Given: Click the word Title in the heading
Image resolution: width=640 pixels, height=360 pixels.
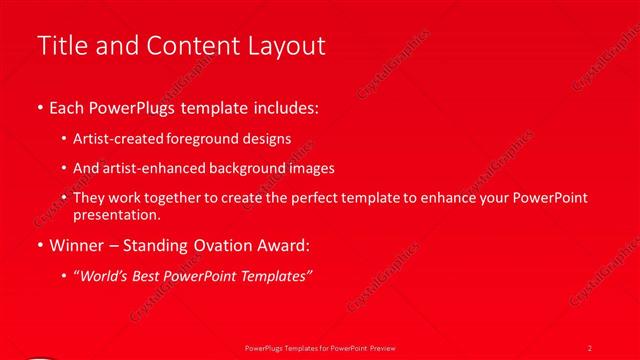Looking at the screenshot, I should click(59, 46).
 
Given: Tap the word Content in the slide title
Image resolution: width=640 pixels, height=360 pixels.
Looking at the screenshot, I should click(194, 46).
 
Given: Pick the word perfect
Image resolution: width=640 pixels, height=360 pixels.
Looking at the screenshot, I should click(305, 199).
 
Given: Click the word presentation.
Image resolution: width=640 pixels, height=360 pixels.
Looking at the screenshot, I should click(116, 214).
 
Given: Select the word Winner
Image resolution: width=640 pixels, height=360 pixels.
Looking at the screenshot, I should click(77, 245).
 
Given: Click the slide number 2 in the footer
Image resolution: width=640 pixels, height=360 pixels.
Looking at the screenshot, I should click(590, 347).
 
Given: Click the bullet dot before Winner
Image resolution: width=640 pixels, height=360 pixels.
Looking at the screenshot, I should click(39, 245).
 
